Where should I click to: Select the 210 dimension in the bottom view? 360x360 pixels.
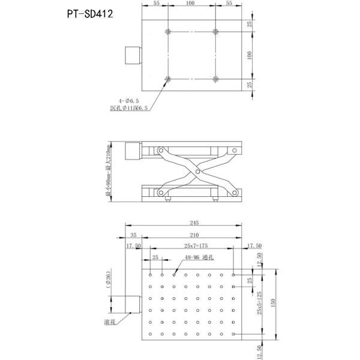pyautogui.click(x=192, y=235)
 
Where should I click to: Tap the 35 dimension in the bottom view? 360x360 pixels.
pyautogui.click(x=133, y=235)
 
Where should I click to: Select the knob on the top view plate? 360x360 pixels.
pyautogui.click(x=132, y=56)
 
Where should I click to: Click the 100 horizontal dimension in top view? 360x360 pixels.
pyautogui.click(x=191, y=4)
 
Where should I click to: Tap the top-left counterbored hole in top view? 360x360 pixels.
pyautogui.click(x=169, y=32)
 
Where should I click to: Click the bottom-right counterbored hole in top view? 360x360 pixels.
pyautogui.click(x=215, y=79)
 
